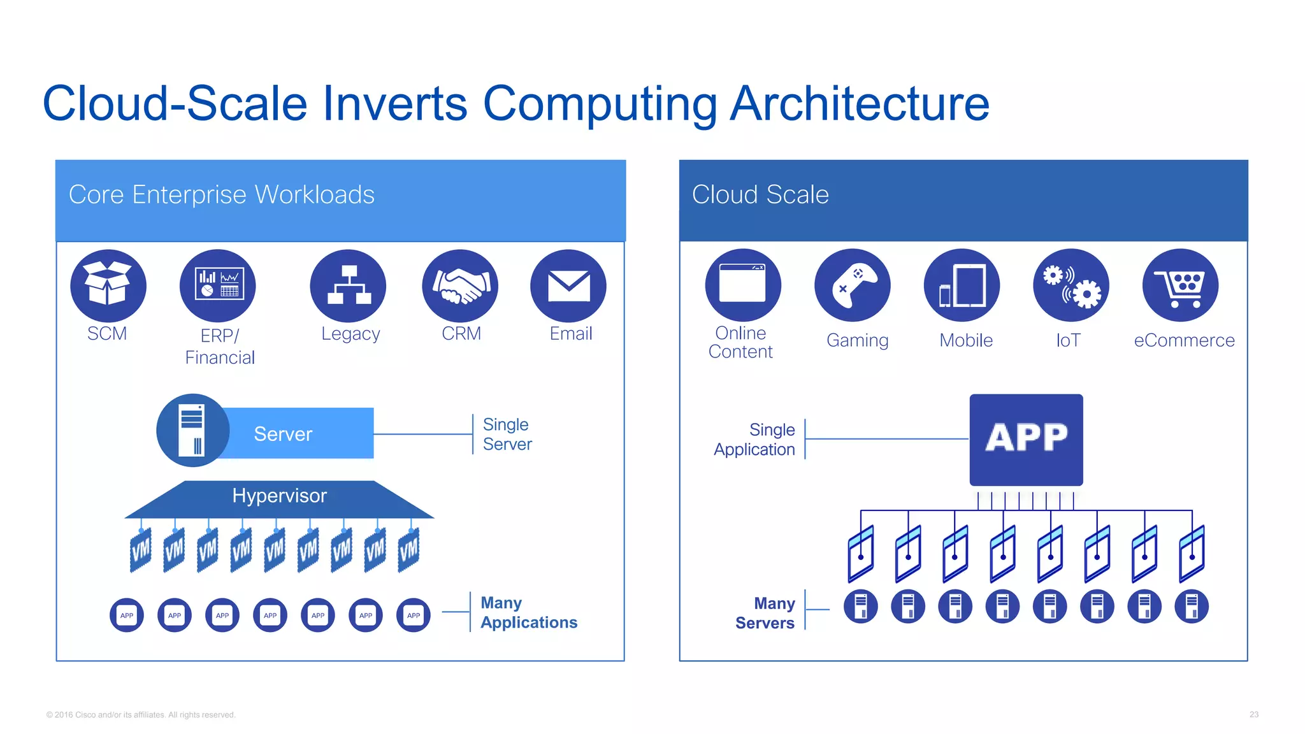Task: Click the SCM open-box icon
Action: pyautogui.click(x=108, y=285)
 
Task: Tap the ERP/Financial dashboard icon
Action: pyautogui.click(x=217, y=285)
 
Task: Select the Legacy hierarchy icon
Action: pyautogui.click(x=348, y=285)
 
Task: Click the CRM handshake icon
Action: pyautogui.click(x=460, y=285)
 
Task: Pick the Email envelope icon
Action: pyautogui.click(x=568, y=285)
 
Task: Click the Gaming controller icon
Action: pyautogui.click(x=853, y=285)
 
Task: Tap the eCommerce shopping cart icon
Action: pyautogui.click(x=1181, y=285)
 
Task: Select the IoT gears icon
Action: pyautogui.click(x=1071, y=285)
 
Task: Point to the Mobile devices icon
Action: pyautogui.click(x=962, y=285)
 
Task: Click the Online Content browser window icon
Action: pyautogui.click(x=743, y=285)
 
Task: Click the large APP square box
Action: pyautogui.click(x=1026, y=440)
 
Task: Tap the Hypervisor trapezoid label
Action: pyautogui.click(x=279, y=496)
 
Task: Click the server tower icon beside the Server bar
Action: pyautogui.click(x=192, y=431)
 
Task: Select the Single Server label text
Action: pyautogui.click(x=507, y=434)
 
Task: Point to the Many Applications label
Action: pyautogui.click(x=528, y=612)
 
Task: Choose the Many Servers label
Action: pyautogui.click(x=765, y=613)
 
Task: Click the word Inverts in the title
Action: pyautogui.click(x=395, y=103)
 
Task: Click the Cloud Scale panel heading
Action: pyautogui.click(x=760, y=194)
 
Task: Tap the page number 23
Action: pyautogui.click(x=1253, y=714)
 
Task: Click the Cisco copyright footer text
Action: pyautogui.click(x=141, y=715)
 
